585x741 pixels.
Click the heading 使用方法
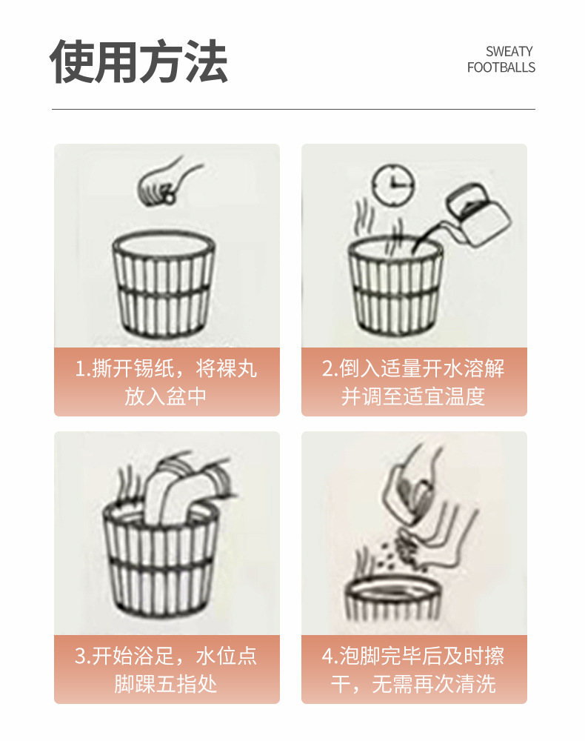click(x=138, y=62)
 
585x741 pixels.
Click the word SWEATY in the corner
click(x=509, y=51)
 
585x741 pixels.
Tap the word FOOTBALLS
click(x=501, y=67)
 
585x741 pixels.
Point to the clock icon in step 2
click(x=392, y=185)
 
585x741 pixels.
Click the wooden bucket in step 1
click(x=164, y=283)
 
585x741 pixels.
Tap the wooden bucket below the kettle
click(x=395, y=285)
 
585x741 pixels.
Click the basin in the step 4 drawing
click(x=393, y=598)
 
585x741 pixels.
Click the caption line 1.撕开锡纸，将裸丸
click(x=166, y=368)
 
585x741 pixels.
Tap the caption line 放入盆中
click(x=166, y=396)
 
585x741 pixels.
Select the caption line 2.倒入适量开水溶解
click(x=413, y=368)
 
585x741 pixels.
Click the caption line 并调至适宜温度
click(x=413, y=396)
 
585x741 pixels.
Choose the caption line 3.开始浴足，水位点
click(x=166, y=656)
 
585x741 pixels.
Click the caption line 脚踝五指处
click(x=166, y=684)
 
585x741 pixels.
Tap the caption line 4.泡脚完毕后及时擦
click(x=413, y=656)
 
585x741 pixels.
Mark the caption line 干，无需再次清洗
click(x=413, y=684)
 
